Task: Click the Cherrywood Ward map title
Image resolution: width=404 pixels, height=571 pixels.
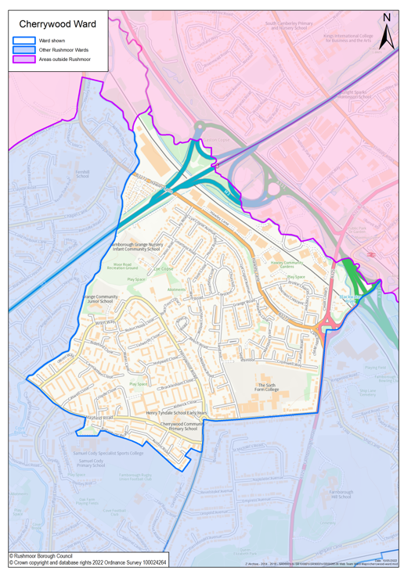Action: click(57, 24)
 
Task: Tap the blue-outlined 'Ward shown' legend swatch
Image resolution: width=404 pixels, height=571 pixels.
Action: click(23, 40)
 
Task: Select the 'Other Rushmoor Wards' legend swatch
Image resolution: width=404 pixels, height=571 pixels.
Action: click(23, 49)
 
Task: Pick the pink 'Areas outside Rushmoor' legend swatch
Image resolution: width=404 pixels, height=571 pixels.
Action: click(23, 59)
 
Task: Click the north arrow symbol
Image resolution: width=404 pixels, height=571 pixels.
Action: click(386, 33)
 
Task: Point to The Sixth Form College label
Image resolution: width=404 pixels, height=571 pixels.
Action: click(268, 388)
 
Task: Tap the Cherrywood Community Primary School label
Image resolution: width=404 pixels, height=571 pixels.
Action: click(179, 426)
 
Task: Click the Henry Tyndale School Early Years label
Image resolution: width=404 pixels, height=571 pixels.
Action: click(176, 413)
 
